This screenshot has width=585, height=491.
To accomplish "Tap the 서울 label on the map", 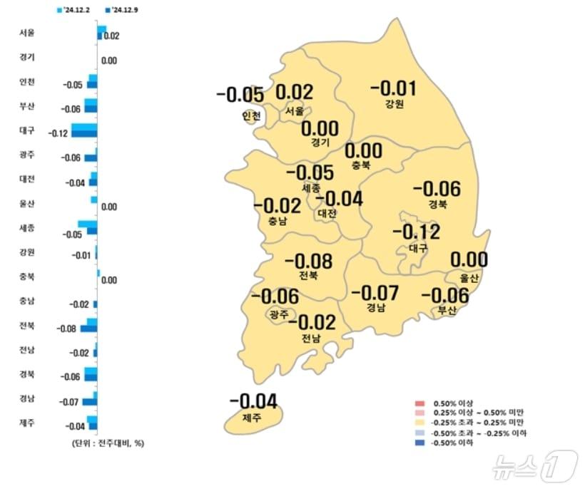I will pos(295,111).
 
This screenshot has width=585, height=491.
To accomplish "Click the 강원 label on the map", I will pos(394,104).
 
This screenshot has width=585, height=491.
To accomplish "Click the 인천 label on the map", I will pos(251,115).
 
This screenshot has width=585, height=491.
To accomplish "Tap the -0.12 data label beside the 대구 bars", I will pos(58,133).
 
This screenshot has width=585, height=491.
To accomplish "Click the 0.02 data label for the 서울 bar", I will pos(111,36).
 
